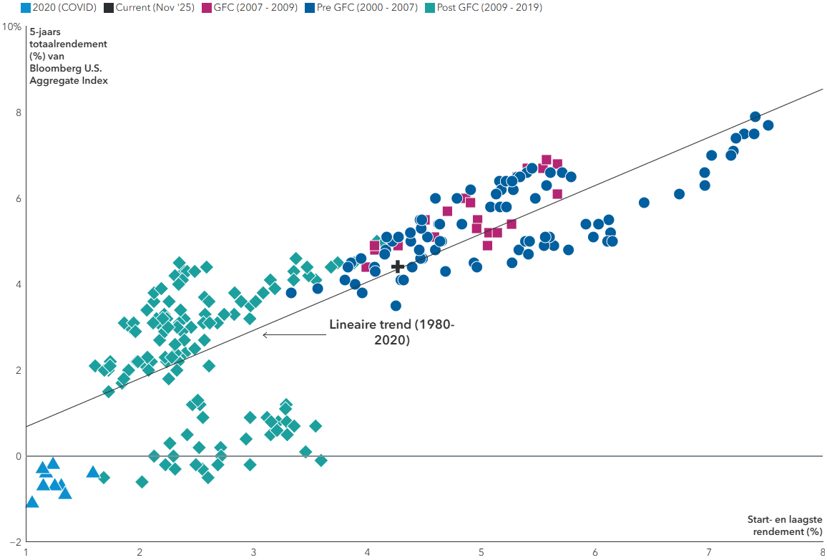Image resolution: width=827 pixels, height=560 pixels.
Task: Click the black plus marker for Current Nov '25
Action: pos(398,266)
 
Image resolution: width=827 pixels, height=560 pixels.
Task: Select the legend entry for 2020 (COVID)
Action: pos(50,8)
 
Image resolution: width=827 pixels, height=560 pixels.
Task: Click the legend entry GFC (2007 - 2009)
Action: pos(250,8)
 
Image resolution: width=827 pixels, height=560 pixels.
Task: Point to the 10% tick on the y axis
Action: pos(11,27)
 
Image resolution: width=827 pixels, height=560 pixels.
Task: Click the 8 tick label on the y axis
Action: pos(19,113)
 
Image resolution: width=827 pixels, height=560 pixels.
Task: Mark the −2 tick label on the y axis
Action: pos(16,542)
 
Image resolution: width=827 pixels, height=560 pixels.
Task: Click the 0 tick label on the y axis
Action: pos(19,456)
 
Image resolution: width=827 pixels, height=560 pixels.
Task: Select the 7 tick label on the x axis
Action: pos(709,552)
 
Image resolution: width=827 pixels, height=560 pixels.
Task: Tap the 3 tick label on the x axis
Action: pos(254,552)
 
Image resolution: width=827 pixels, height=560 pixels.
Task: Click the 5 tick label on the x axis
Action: pos(481,552)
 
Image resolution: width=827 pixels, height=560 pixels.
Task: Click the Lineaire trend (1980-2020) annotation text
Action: pos(391,332)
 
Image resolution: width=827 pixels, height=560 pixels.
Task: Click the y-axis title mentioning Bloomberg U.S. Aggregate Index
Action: pos(69,62)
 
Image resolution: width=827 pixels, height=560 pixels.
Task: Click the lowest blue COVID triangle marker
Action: pos(31,502)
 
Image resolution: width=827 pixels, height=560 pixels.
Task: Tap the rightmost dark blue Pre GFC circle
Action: pos(768,125)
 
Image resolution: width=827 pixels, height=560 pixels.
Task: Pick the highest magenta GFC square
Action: pos(547,160)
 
